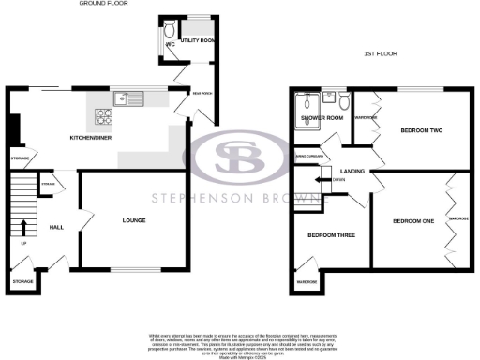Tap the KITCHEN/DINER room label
tap(93, 137)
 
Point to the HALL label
tap(56, 227)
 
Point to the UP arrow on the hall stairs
tap(24, 225)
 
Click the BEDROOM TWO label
tap(421, 130)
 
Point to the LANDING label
tap(353, 170)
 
